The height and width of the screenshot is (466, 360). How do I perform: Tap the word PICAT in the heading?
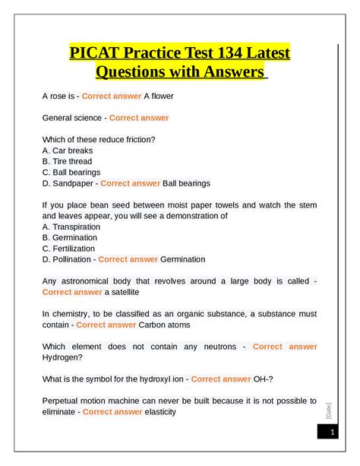point(96,54)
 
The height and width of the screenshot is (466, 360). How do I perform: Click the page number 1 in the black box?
point(332,432)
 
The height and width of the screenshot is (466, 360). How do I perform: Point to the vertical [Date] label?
point(328,411)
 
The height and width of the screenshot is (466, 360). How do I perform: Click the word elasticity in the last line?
point(160,411)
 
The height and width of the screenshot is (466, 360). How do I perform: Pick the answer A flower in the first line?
point(162,96)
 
